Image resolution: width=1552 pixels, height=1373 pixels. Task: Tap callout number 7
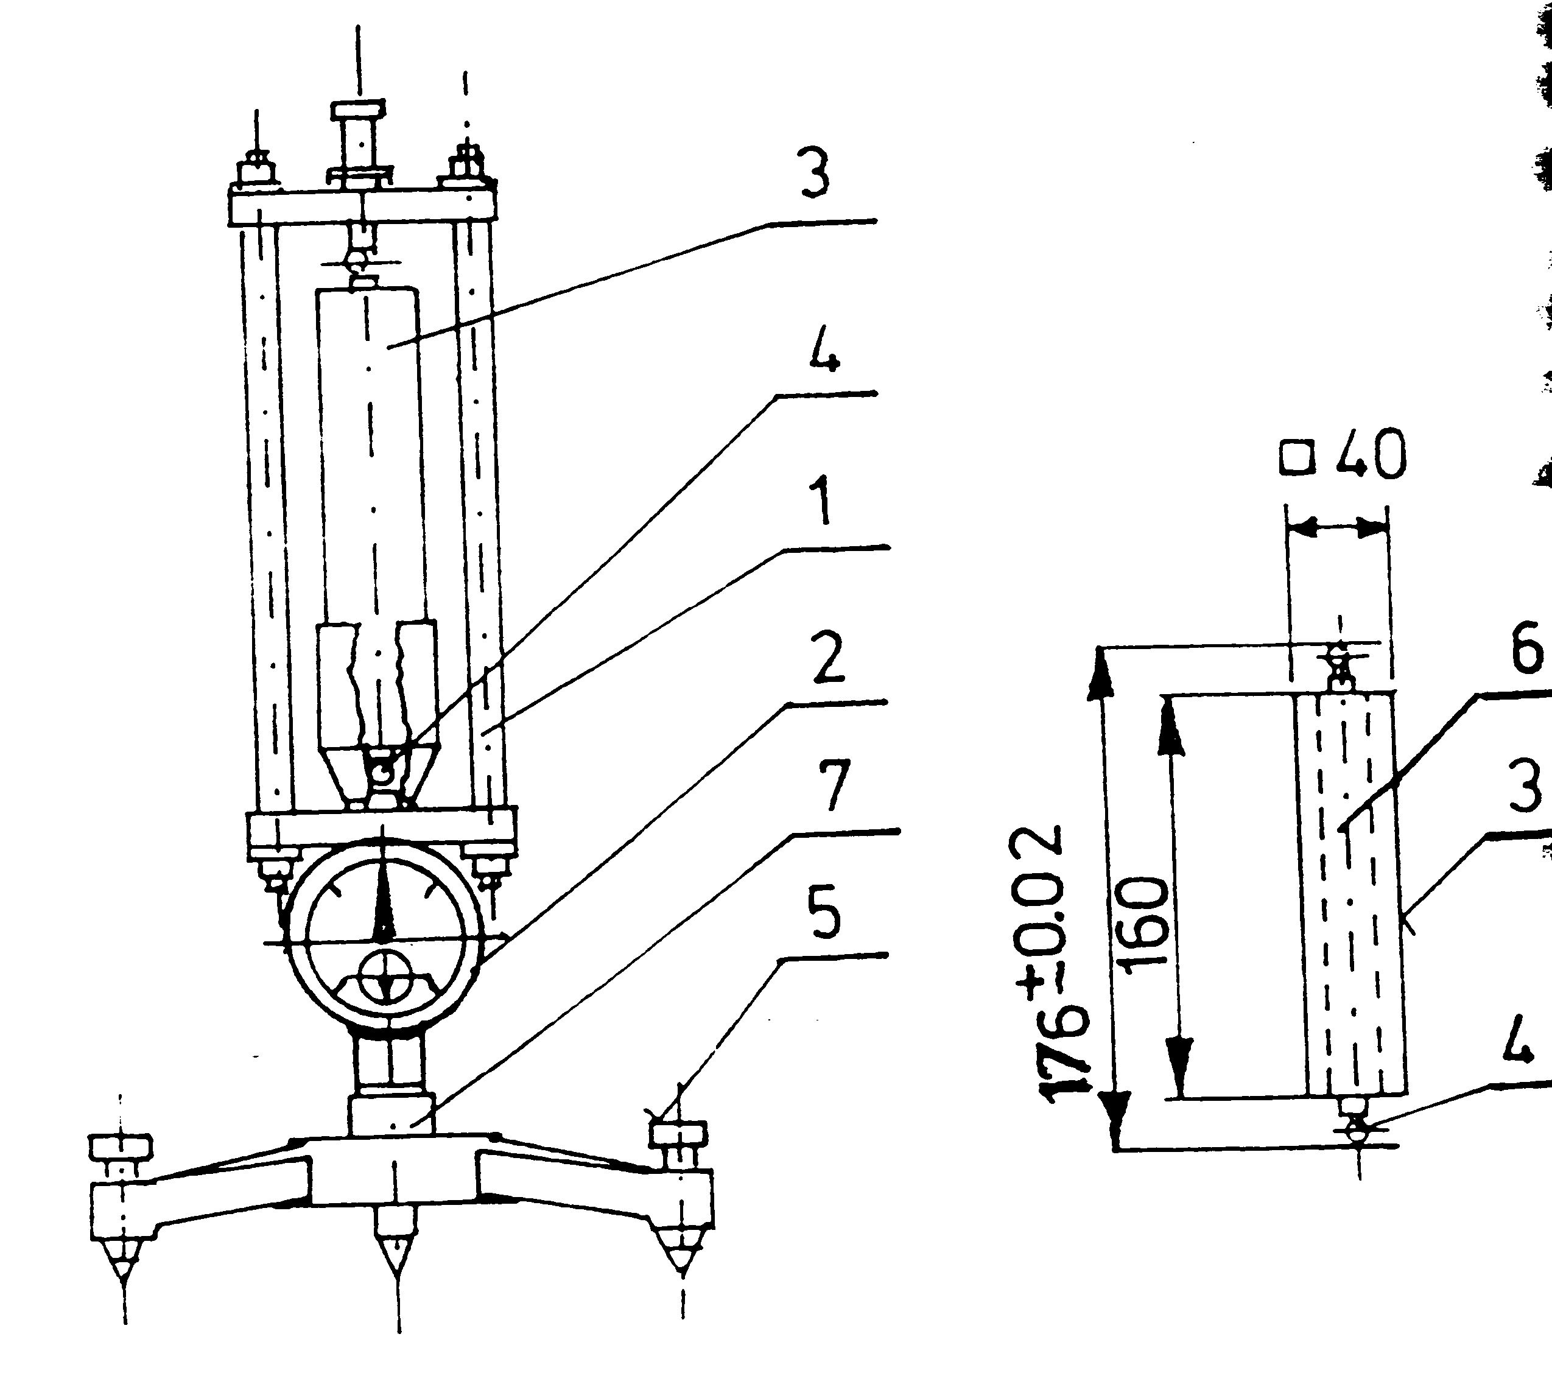point(835,786)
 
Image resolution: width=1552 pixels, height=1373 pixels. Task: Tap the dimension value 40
point(1371,455)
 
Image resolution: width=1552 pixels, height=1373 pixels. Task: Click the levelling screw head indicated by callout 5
point(679,1133)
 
